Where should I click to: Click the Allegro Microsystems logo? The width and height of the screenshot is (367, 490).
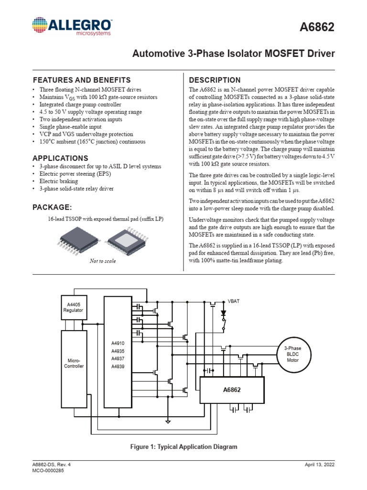coord(72,27)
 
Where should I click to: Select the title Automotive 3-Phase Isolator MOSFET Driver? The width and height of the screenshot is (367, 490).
coord(233,54)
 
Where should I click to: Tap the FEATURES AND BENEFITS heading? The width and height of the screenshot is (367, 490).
coord(81,80)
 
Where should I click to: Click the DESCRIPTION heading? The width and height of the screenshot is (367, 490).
coord(215,80)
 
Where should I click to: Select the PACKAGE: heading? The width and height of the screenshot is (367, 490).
coord(52,207)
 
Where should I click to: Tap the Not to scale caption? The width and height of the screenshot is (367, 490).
coord(103,261)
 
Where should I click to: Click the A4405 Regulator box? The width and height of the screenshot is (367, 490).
coord(73,307)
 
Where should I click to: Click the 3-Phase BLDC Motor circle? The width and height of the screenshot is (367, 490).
coord(292,354)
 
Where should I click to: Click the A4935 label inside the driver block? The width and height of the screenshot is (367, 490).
coord(118,351)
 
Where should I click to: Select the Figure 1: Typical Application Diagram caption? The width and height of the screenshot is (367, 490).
coord(184,446)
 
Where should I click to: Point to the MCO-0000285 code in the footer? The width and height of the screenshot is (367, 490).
coord(48,471)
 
